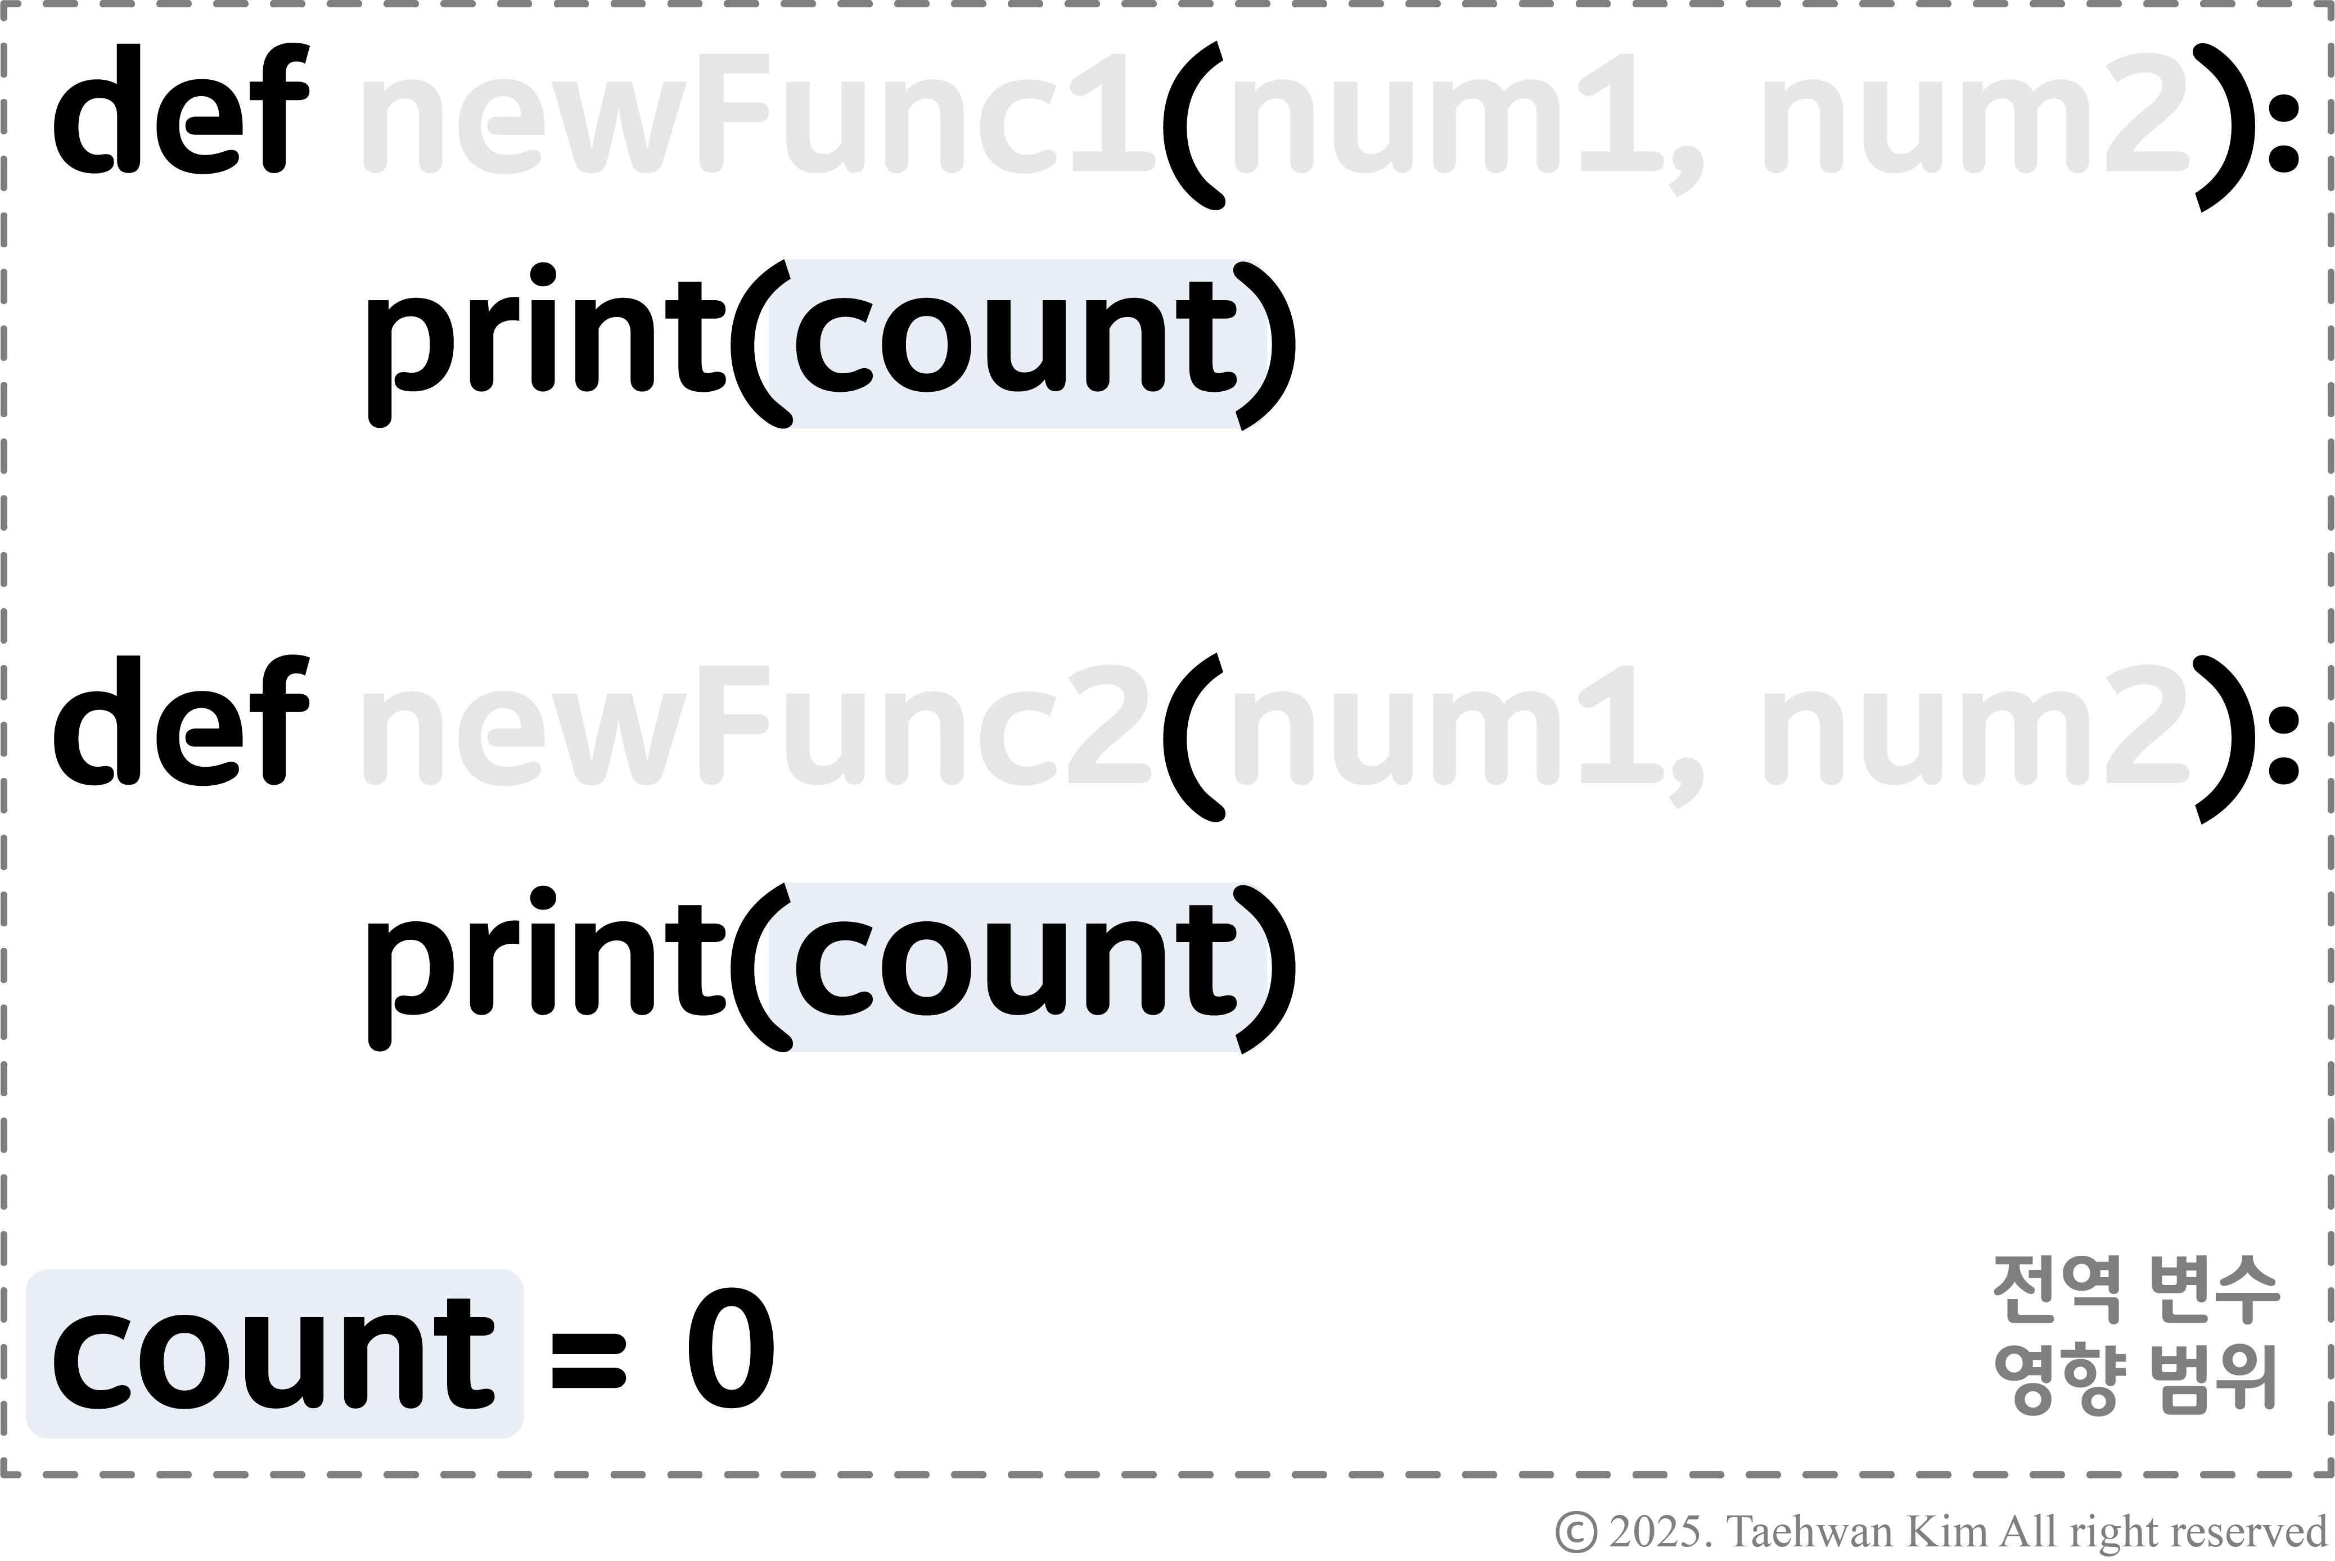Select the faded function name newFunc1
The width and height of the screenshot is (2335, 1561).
[x=757, y=115]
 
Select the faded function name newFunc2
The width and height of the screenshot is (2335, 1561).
[x=757, y=727]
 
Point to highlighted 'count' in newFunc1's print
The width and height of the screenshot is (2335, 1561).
[x=1016, y=343]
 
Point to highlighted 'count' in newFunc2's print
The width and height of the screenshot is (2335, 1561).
[x=1016, y=966]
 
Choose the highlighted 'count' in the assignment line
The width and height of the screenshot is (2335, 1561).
[x=274, y=1354]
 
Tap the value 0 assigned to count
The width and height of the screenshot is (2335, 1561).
[x=731, y=1349]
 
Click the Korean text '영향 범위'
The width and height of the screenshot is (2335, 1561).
[x=2136, y=1379]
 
